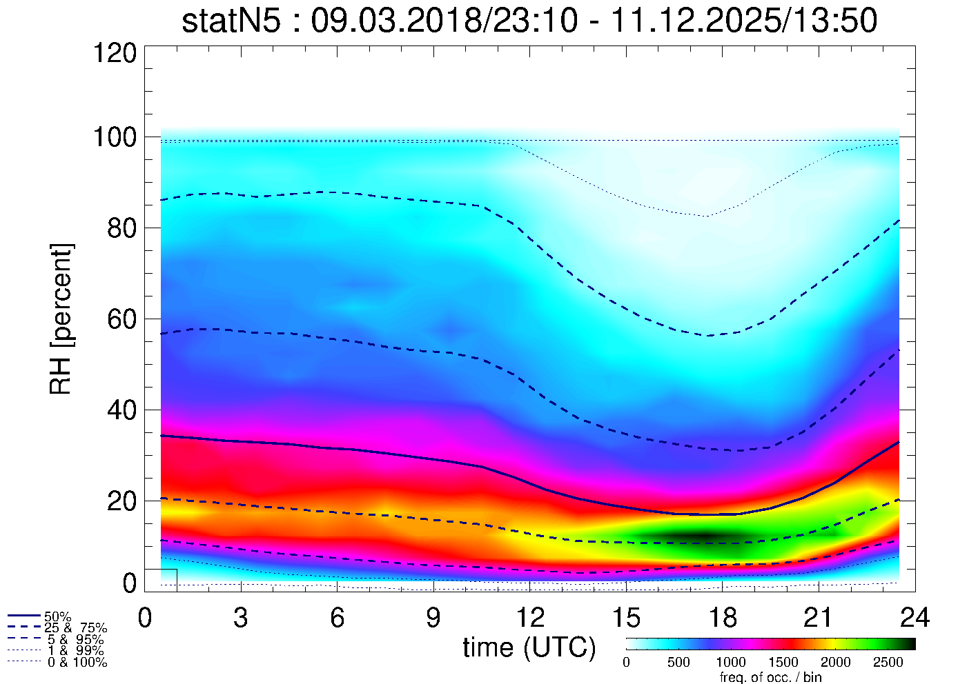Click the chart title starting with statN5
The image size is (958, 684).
pos(529,21)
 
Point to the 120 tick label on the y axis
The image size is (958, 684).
pos(115,52)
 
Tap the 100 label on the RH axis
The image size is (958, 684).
pos(115,137)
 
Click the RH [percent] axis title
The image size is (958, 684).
pos(61,319)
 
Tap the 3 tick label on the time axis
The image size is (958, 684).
pos(241,618)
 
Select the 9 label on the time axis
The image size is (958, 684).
pos(433,618)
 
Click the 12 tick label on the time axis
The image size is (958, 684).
pos(529,618)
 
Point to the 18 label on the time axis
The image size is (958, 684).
pos(722,618)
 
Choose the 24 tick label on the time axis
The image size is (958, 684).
pos(915,618)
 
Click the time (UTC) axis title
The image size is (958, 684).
pos(529,647)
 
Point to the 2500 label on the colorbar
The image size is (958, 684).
pos(888,663)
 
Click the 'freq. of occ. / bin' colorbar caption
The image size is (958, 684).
pos(770,677)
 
